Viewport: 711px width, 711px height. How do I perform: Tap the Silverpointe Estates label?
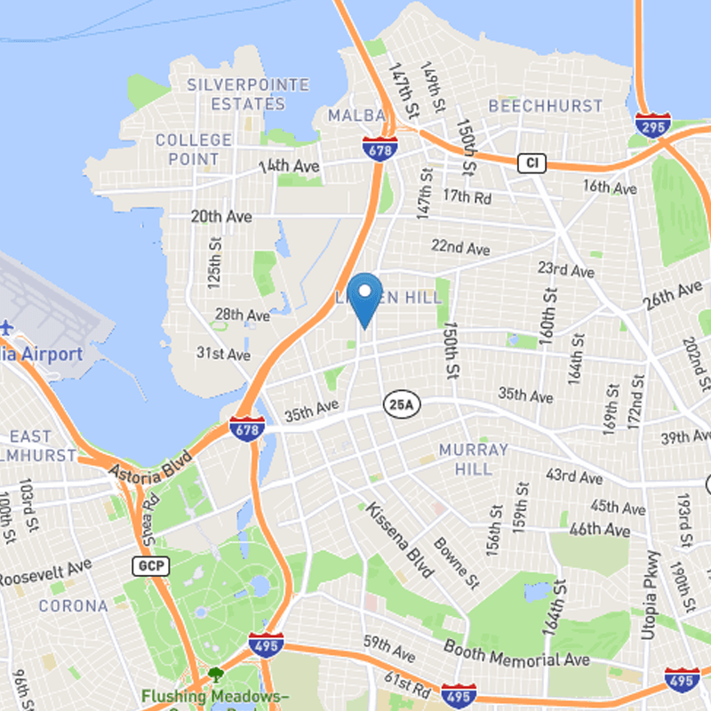click(x=248, y=94)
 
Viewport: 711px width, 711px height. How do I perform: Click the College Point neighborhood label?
click(x=194, y=149)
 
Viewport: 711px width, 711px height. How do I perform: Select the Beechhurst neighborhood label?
click(x=545, y=106)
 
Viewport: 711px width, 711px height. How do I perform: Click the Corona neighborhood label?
click(x=73, y=606)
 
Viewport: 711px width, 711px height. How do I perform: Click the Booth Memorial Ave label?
click(x=516, y=654)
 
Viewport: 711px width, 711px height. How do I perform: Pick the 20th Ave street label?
click(x=221, y=216)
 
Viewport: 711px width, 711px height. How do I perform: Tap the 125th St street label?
click(x=213, y=262)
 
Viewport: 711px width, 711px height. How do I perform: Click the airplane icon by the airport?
click(x=7, y=327)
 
